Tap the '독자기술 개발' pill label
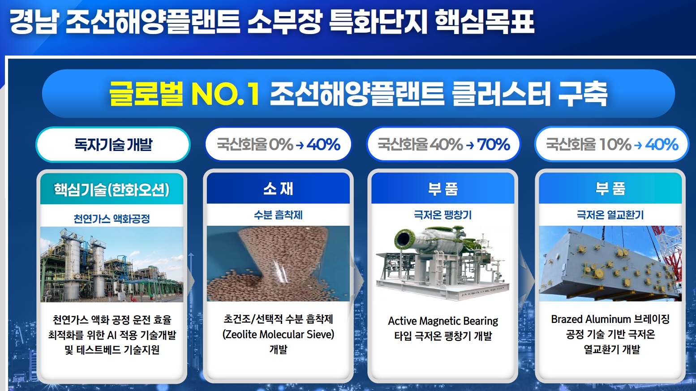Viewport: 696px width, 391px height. coord(113,145)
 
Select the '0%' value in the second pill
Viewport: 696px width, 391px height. coord(281,145)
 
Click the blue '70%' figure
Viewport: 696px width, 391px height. coord(494,145)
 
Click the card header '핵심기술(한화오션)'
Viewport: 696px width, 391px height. coord(112,189)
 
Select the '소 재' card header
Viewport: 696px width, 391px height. coord(278,189)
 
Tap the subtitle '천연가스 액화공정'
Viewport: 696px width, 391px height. coord(112,219)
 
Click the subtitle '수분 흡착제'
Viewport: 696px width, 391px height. coord(278,215)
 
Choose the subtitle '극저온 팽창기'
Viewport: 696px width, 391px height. coord(443,215)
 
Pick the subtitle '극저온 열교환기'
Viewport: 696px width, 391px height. coord(610,215)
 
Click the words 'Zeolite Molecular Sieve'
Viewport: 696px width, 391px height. coord(279,335)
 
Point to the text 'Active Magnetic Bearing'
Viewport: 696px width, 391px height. coord(443,321)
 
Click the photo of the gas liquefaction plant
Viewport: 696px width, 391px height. coord(112,265)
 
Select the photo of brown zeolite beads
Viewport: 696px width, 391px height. coord(278,263)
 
